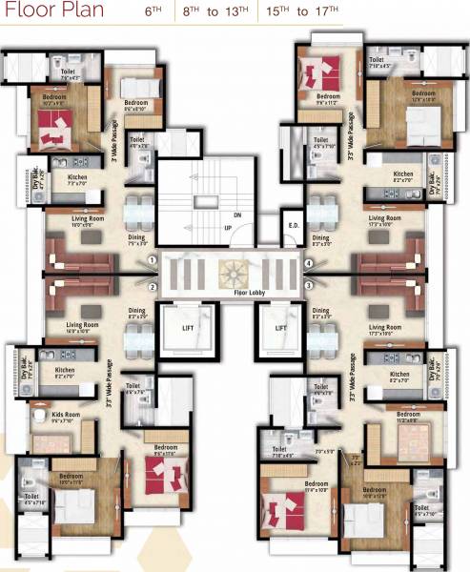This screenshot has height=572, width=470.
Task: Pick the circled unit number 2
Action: [152, 287]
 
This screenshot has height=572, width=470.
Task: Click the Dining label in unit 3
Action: [320, 311]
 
